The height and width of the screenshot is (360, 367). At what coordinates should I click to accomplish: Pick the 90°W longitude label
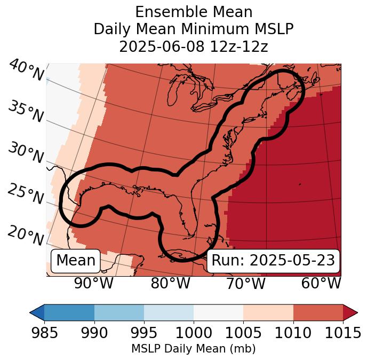(x=94, y=283)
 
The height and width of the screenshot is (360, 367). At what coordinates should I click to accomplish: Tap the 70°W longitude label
(x=245, y=283)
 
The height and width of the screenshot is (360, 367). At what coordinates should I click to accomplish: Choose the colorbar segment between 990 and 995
(x=119, y=312)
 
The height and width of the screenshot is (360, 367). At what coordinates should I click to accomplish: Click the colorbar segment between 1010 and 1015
(x=318, y=312)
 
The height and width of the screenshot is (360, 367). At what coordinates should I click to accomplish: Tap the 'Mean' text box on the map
(x=76, y=261)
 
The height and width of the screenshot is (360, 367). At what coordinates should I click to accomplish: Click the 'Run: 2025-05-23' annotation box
(x=273, y=261)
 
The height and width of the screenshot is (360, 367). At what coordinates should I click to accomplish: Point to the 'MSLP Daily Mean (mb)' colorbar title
(x=193, y=349)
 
